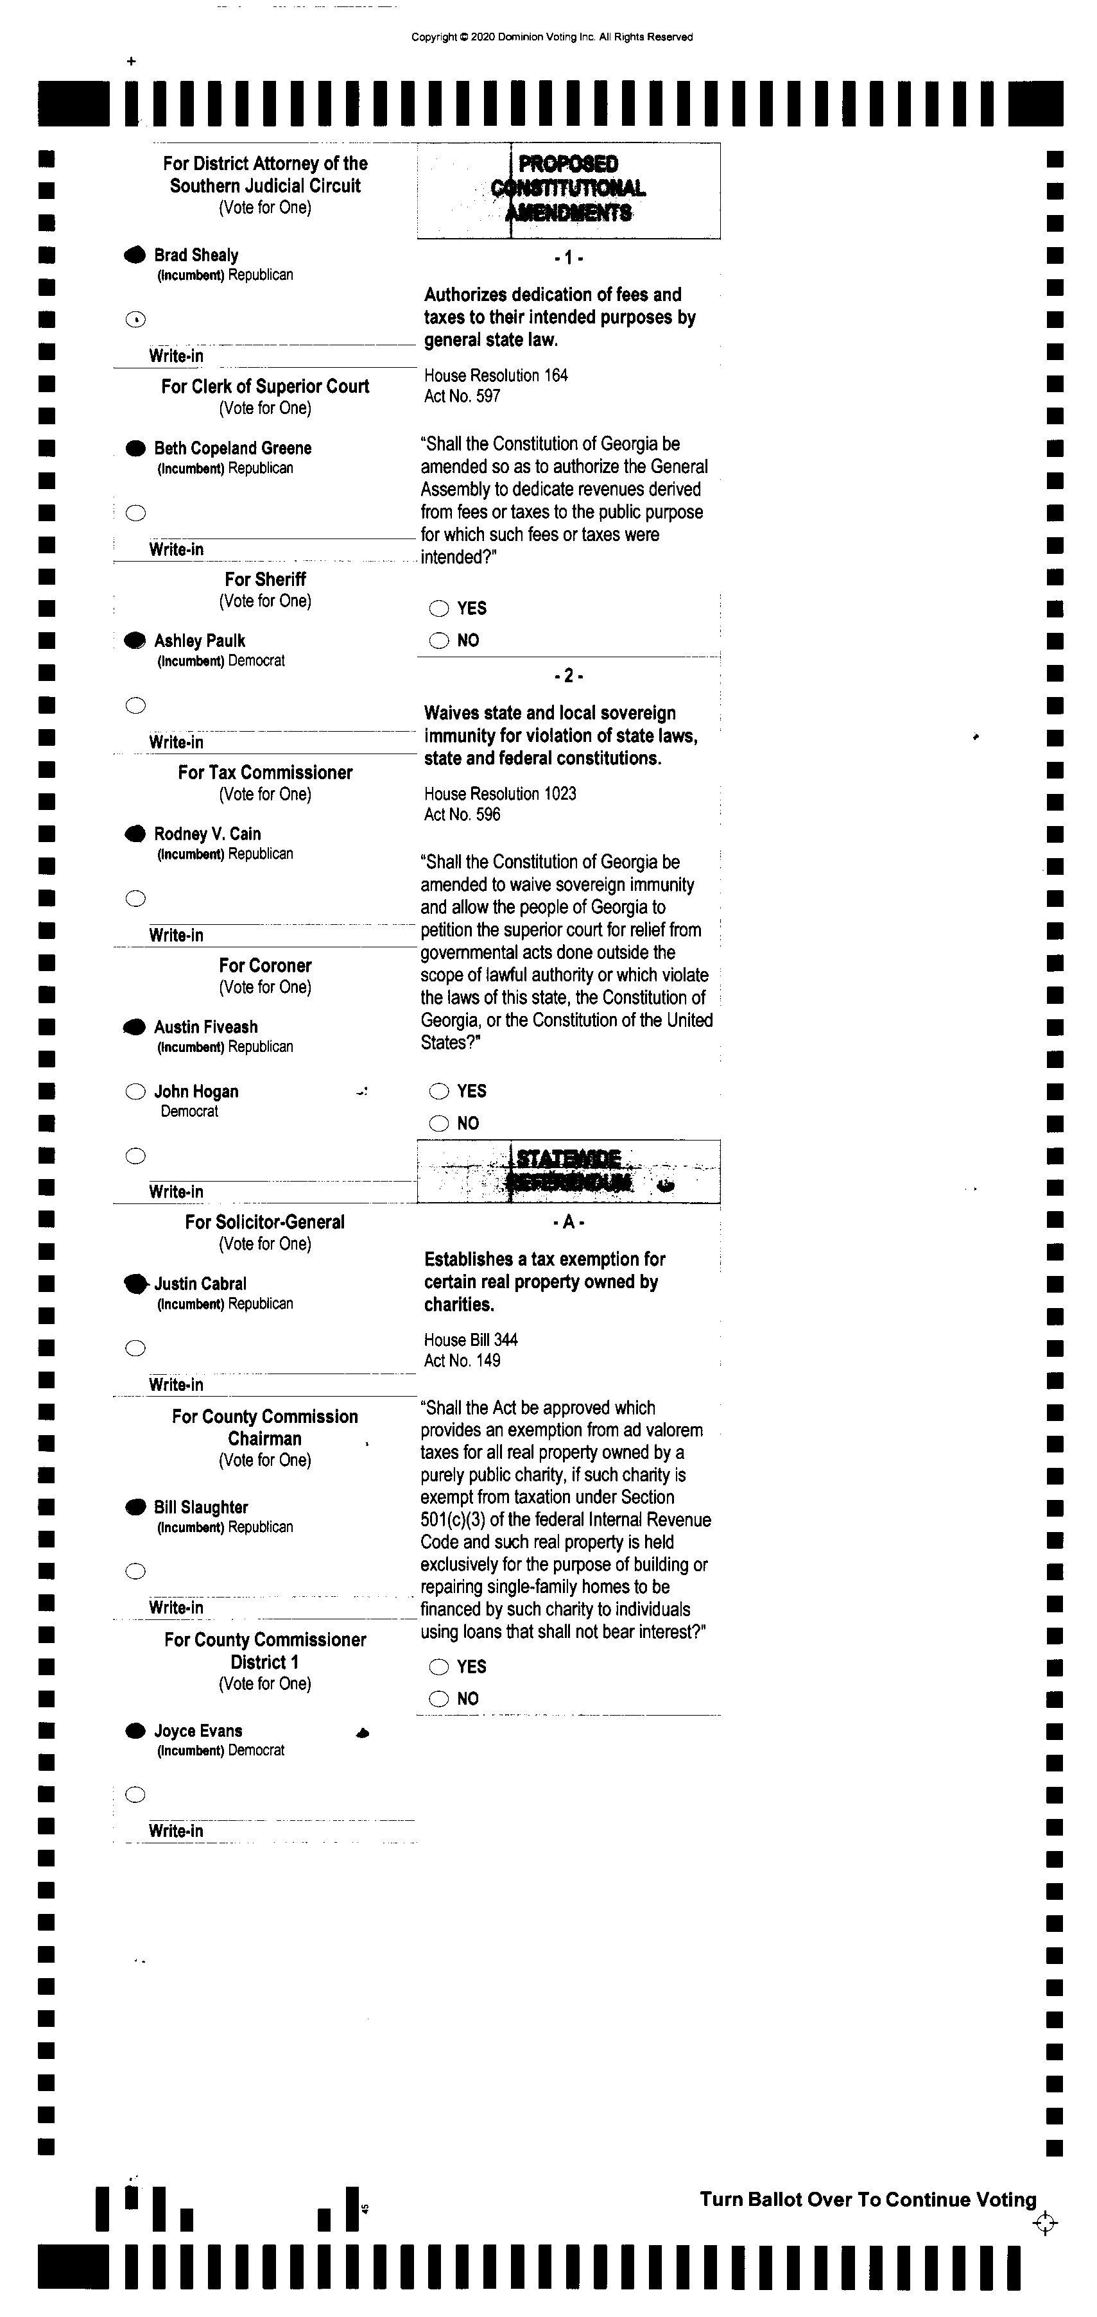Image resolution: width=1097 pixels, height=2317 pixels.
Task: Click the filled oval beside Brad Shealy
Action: (135, 255)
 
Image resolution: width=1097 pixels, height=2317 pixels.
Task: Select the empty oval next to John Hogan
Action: (135, 1092)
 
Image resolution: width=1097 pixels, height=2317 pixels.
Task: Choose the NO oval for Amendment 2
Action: (439, 1123)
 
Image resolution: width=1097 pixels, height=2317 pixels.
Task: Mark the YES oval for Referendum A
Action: (439, 1667)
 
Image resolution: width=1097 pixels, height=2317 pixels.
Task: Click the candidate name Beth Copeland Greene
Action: (232, 448)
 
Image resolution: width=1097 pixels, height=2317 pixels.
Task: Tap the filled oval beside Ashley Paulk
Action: (135, 641)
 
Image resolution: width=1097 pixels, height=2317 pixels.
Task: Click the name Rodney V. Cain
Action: (207, 834)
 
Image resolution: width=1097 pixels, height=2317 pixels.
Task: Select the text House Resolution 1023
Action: (499, 793)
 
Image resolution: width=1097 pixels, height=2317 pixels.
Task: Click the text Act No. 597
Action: (462, 396)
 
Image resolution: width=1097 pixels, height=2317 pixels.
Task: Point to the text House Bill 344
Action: (471, 1339)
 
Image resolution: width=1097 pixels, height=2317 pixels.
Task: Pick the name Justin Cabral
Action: (200, 1284)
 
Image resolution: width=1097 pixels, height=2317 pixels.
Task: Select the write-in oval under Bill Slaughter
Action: (135, 1571)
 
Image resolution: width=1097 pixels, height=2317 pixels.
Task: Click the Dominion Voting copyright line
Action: (551, 37)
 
